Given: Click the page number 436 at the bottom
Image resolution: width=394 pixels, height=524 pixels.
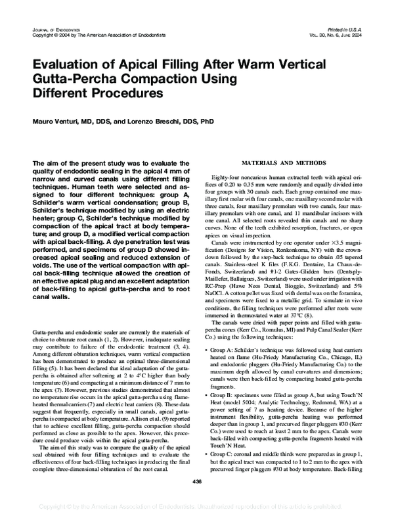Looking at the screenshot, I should (197, 481).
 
